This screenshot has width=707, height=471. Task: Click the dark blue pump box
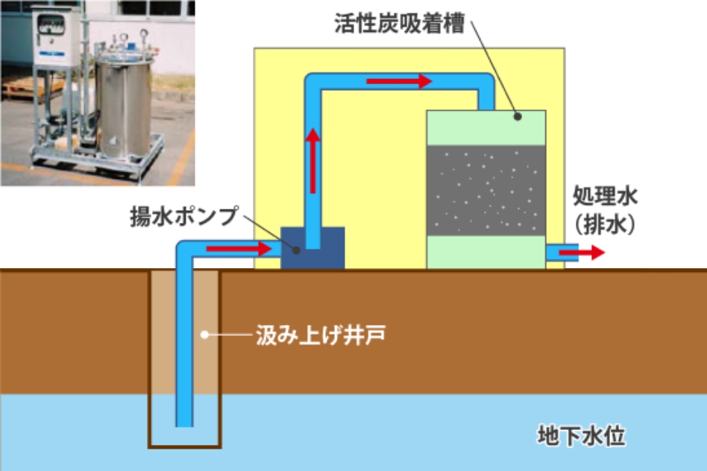(x=312, y=247)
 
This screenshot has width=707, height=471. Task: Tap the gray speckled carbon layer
(x=486, y=189)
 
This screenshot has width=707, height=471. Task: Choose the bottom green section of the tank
(x=486, y=251)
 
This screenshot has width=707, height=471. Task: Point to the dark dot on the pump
(x=297, y=249)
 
